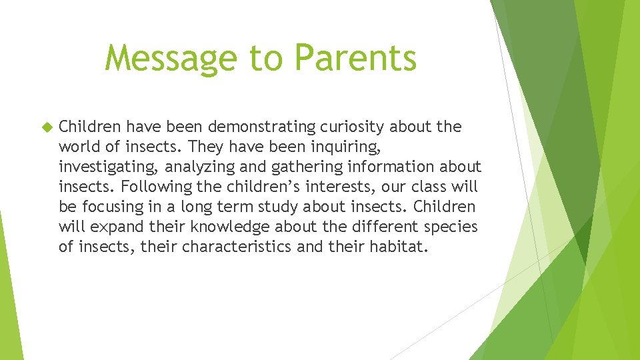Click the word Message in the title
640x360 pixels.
171,59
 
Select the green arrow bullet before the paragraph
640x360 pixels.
46,127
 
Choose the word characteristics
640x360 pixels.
237,247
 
